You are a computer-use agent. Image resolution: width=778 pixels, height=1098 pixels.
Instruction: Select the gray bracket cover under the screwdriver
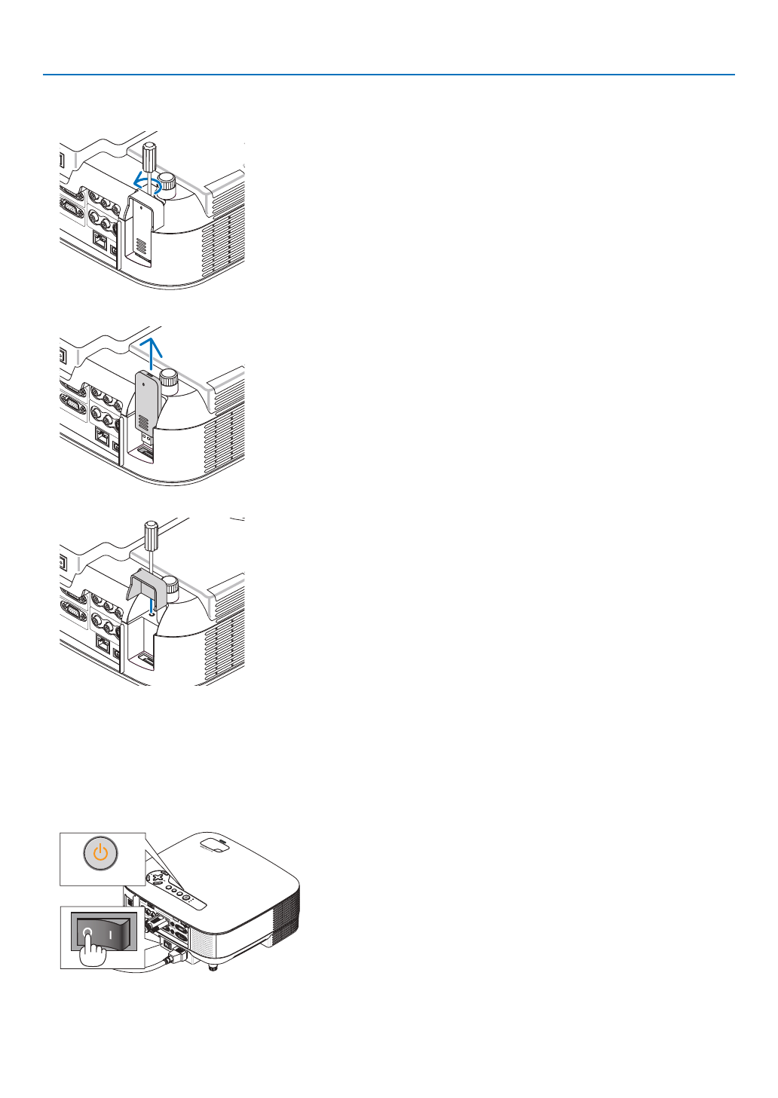(147, 585)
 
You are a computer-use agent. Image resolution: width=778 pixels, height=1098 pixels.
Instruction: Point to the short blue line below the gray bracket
(152, 606)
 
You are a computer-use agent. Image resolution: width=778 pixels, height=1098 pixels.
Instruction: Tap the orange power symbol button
(101, 855)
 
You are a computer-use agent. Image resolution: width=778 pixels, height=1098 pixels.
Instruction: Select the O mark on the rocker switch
(87, 932)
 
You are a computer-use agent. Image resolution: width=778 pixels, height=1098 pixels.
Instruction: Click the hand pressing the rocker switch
(93, 953)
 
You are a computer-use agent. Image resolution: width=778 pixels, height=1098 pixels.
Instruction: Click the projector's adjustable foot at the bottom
(213, 967)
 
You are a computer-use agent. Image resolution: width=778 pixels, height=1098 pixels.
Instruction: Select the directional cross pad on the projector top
(156, 878)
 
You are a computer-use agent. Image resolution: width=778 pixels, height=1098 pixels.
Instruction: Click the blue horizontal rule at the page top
(389, 75)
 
